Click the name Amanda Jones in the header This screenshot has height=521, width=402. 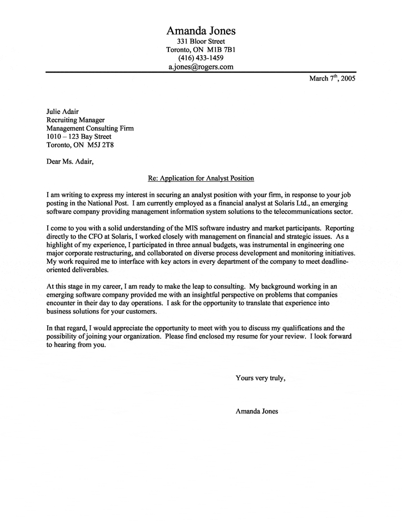click(x=201, y=31)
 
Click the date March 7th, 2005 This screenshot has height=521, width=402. click(x=332, y=79)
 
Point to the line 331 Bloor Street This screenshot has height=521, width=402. click(x=201, y=41)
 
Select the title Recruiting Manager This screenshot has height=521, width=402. click(x=75, y=120)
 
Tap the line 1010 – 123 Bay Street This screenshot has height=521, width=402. click(x=78, y=136)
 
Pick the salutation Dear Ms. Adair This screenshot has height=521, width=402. click(x=69, y=162)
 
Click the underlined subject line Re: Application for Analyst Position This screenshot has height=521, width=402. click(x=201, y=178)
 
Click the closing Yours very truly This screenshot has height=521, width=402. click(x=261, y=378)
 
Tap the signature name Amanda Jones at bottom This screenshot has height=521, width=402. click(x=256, y=411)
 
